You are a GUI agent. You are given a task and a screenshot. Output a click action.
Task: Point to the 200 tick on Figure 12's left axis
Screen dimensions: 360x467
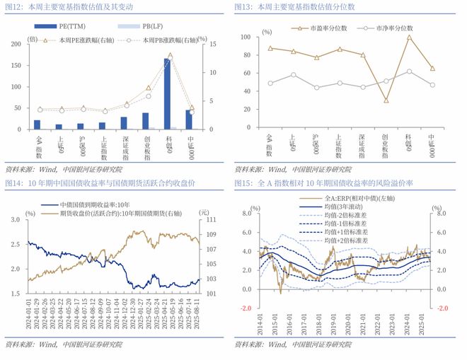click(x=17, y=44)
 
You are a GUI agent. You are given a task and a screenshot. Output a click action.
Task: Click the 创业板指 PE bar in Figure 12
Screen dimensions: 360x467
click(x=146, y=121)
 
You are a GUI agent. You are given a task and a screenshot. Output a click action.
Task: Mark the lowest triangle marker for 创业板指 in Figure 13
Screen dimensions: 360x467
click(x=386, y=100)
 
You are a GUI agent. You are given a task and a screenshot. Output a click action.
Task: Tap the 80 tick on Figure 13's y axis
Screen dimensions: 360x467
click(x=245, y=54)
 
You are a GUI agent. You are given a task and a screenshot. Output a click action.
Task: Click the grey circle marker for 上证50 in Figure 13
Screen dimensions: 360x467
click(x=294, y=75)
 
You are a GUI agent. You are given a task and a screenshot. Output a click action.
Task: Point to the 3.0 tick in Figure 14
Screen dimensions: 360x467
click(x=15, y=221)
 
